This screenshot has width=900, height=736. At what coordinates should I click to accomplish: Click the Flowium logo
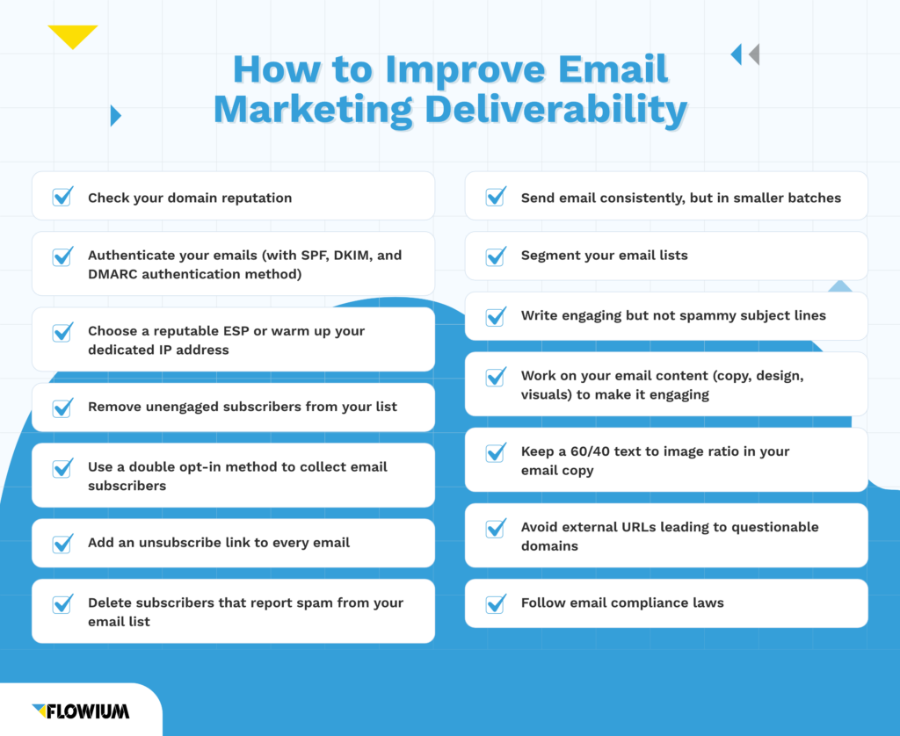pos(81,710)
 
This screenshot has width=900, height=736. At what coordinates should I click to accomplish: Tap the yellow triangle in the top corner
pos(73,35)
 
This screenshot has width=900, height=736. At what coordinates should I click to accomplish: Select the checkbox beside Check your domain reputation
pos(62,197)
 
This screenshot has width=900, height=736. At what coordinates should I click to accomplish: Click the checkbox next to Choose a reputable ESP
pos(62,332)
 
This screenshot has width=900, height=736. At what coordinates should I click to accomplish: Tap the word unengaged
pos(182,407)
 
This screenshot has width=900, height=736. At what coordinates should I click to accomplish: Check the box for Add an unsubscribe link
pos(62,543)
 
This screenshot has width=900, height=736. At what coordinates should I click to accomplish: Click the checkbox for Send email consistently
pos(496,197)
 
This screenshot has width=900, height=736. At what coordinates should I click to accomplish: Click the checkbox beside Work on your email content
pos(496,377)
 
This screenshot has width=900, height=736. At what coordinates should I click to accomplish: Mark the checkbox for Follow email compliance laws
pos(496,603)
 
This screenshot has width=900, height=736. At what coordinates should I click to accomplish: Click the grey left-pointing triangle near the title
pos(754,54)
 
